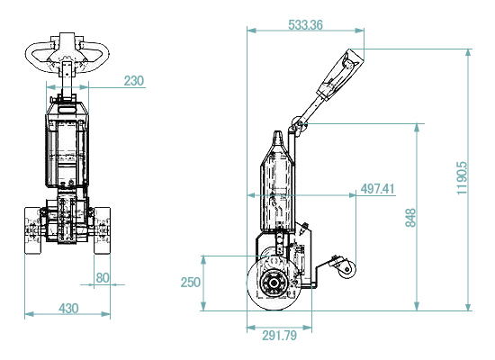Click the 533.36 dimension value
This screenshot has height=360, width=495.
[306, 25]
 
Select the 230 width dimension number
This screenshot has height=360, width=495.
[134, 81]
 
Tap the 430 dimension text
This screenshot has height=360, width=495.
[68, 308]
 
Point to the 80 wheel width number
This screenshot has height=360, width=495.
[103, 278]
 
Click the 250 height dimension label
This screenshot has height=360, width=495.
[191, 283]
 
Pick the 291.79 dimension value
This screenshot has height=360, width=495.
[279, 336]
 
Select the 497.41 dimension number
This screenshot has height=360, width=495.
[378, 189]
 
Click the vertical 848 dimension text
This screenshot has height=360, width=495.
[410, 217]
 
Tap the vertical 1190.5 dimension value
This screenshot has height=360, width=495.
[462, 178]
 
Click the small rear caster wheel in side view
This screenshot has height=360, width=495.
[347, 270]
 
